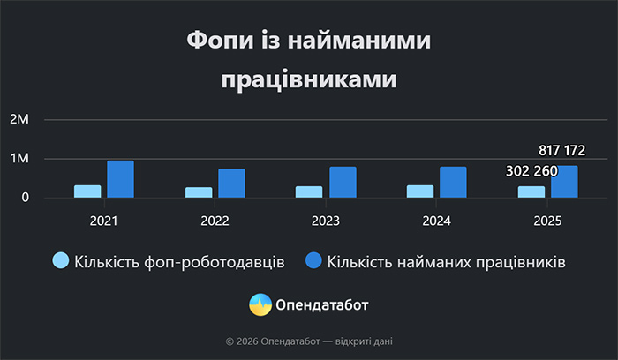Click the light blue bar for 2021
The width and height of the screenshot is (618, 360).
[x=87, y=191]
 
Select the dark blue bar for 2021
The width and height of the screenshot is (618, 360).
[x=120, y=179]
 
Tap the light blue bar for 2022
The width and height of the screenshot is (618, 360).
[x=199, y=192]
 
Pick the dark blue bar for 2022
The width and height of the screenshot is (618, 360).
[x=231, y=183]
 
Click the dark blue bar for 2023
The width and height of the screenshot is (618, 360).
[x=343, y=182]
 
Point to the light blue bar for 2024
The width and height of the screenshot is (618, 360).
[x=420, y=191]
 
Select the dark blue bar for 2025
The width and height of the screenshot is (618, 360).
[x=564, y=182]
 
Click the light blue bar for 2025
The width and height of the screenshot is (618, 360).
[x=531, y=191]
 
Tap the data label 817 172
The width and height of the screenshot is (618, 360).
[x=561, y=151]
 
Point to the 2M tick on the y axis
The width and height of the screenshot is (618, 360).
[x=19, y=119]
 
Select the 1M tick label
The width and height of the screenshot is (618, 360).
[x=19, y=159]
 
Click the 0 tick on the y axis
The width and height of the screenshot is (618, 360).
[x=26, y=198]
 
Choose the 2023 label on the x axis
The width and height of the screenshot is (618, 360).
[x=326, y=220]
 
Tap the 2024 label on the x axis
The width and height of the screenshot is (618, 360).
[x=437, y=220]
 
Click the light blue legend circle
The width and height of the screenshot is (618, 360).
[x=61, y=261]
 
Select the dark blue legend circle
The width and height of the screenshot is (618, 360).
[x=313, y=261]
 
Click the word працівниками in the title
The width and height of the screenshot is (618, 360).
[x=308, y=79]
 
